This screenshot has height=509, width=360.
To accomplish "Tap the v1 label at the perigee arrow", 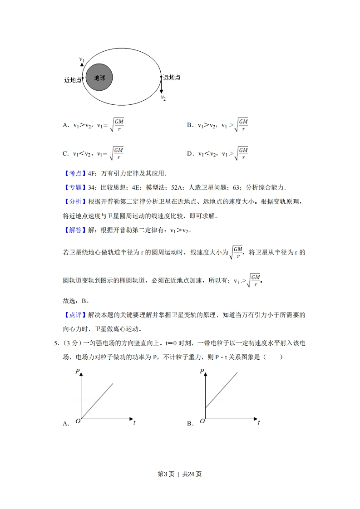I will pyautogui.click(x=82, y=59).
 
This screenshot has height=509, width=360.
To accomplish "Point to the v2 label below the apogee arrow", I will pyautogui.click(x=163, y=98).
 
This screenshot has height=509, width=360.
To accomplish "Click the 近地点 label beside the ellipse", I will pyautogui.click(x=73, y=80).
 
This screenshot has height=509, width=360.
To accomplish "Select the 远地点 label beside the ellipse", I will pyautogui.click(x=172, y=78).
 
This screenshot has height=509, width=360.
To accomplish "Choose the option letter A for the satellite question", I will pyautogui.click(x=65, y=125).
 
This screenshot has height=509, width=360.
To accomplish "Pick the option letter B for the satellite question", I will pyautogui.click(x=190, y=125).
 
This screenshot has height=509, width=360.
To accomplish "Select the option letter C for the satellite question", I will pyautogui.click(x=65, y=154).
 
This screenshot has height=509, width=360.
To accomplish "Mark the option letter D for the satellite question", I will pyautogui.click(x=190, y=154).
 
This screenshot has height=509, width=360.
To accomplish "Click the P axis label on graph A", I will pyautogui.click(x=78, y=372).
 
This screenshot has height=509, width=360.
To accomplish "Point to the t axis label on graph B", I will pyautogui.click(x=259, y=422).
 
